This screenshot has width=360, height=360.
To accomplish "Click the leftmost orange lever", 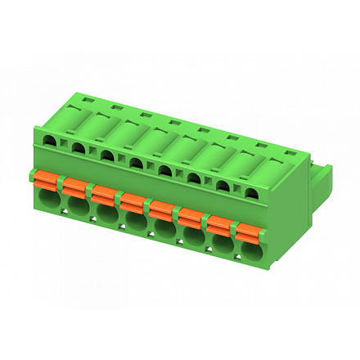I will click(46, 178).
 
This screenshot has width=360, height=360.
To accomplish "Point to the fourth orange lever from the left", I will click(132, 200).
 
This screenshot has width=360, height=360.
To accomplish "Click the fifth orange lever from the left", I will click(160, 208).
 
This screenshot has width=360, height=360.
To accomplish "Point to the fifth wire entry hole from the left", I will click(164, 231).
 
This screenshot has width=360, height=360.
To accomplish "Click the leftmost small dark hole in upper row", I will click(51, 142).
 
